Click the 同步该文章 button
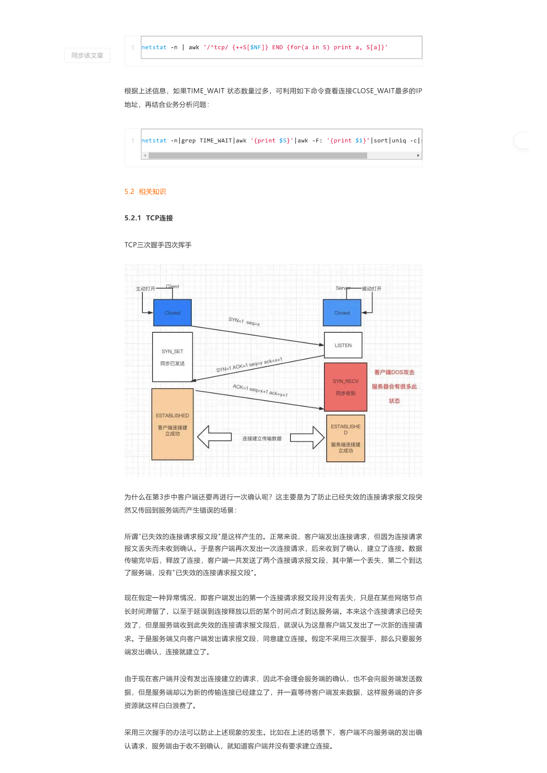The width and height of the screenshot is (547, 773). click(87, 55)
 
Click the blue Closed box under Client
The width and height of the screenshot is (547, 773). click(172, 313)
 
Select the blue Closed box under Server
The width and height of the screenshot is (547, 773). click(342, 313)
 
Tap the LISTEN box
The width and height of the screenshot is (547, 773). click(343, 345)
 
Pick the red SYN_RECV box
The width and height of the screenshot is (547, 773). click(346, 387)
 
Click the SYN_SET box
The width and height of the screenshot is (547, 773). click(172, 357)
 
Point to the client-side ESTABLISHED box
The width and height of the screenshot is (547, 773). click(172, 424)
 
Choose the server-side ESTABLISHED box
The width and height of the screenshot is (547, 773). click(346, 438)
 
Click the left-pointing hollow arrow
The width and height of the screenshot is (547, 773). click(214, 437)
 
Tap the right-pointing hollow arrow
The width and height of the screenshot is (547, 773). click(308, 437)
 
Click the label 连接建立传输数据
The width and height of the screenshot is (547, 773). click(262, 439)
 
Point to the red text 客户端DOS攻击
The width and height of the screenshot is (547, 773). click(394, 372)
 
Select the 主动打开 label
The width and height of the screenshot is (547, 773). click(145, 289)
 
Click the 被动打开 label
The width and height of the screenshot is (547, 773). click(372, 289)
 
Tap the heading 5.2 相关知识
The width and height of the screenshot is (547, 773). click(145, 192)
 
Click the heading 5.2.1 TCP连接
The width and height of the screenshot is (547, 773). click(149, 218)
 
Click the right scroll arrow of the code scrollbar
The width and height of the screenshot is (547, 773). click(418, 156)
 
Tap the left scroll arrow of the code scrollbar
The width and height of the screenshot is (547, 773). click(145, 156)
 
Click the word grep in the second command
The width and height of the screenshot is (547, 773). click(189, 141)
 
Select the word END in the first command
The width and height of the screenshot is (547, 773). click(278, 47)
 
